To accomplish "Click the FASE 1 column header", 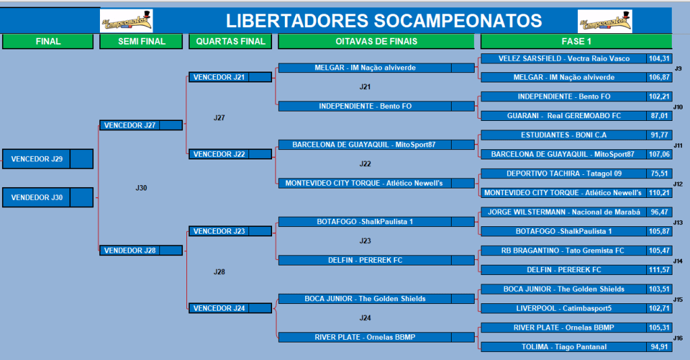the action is tap(576, 41).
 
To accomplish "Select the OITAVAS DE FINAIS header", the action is tap(376, 41).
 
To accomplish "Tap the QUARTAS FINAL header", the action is tap(230, 41).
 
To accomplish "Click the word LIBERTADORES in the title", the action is tap(297, 21).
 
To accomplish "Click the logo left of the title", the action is tap(126, 21).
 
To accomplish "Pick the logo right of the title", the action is tap(605, 21).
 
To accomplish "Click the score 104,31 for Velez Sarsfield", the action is tap(659, 59).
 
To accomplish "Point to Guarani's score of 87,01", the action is tap(659, 115).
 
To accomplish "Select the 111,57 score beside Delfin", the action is tap(659, 269).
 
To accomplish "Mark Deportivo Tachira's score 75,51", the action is tap(659, 174).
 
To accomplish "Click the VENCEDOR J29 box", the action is tap(47, 159).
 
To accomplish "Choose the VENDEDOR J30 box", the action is tap(47, 197).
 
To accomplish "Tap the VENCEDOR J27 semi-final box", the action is tap(141, 126).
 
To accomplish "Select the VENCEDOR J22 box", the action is tap(230, 154).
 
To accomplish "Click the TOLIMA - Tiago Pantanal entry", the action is tap(564, 346).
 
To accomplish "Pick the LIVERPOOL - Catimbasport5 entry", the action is tap(564, 308).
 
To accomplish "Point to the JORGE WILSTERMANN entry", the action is tap(564, 212).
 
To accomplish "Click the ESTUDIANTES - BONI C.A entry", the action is tap(564, 135).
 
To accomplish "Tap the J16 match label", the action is tap(678, 338).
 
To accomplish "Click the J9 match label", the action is tap(678, 68).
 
